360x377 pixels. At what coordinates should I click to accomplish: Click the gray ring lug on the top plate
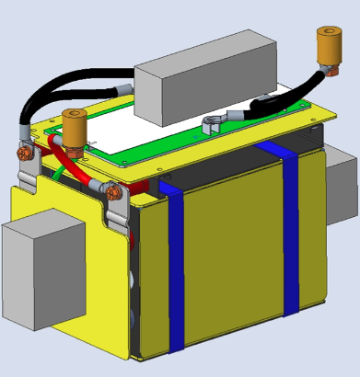coord(212,123)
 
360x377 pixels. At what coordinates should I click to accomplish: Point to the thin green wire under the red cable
coord(60,172)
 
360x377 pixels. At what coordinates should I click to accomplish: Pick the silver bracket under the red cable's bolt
coord(118,216)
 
